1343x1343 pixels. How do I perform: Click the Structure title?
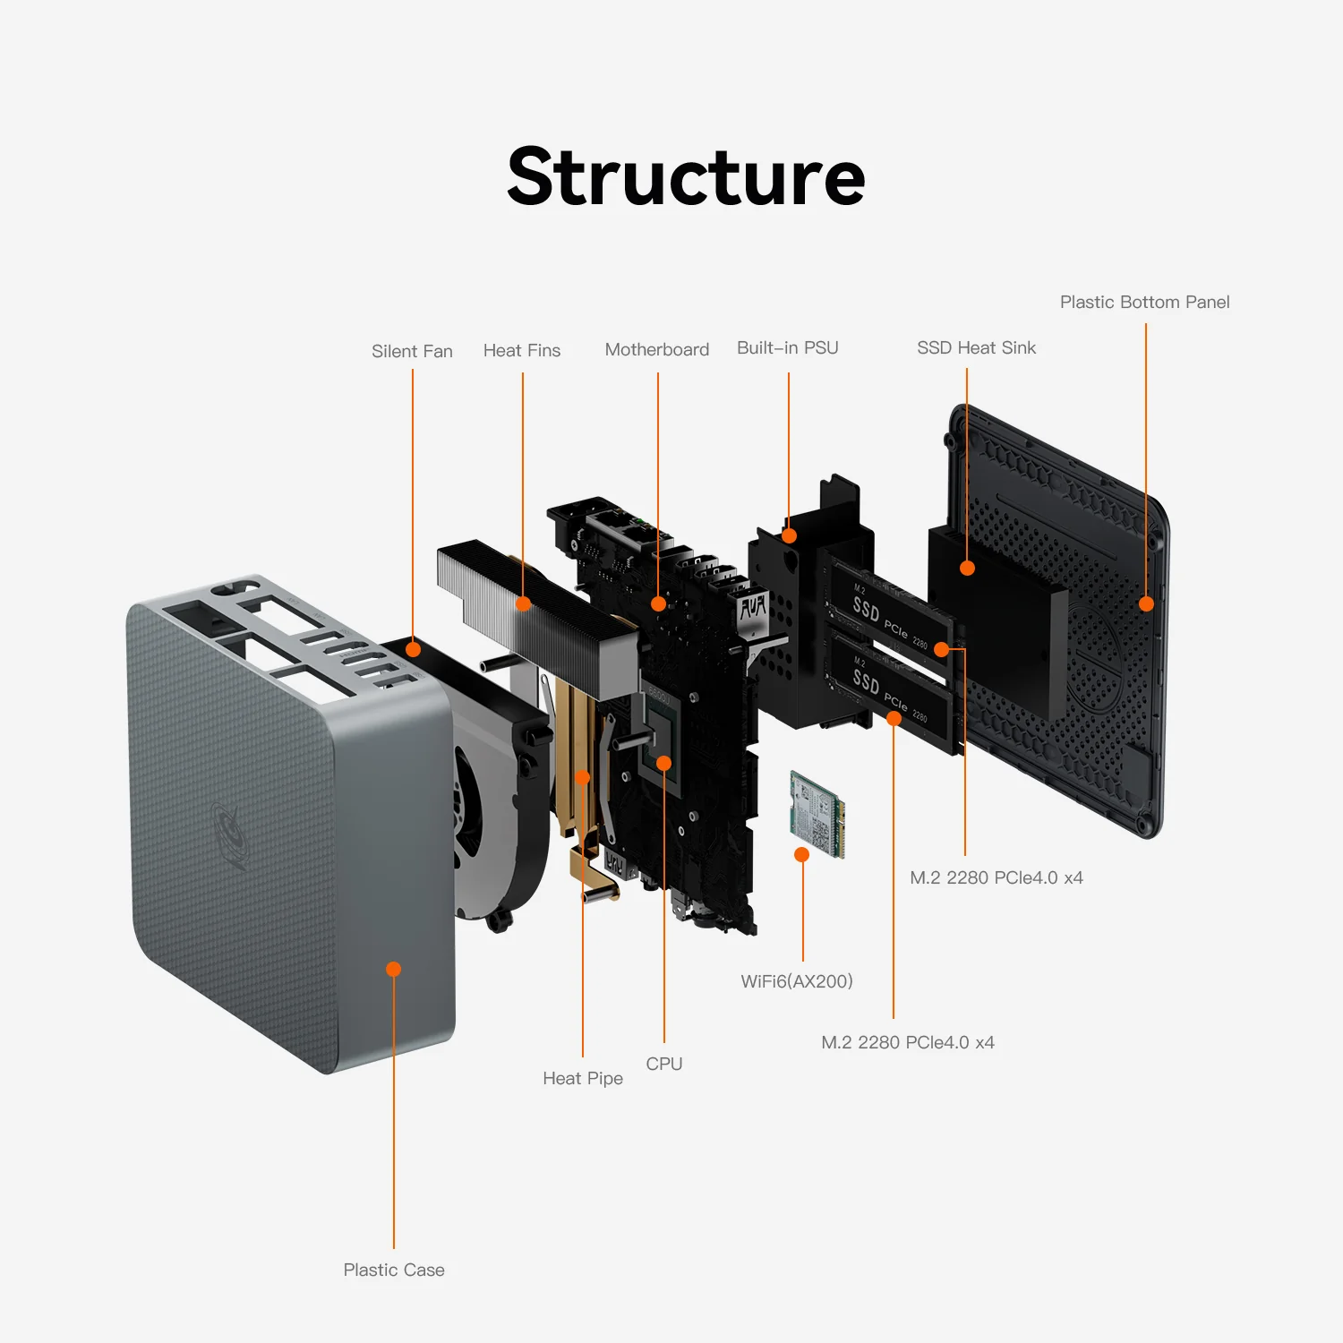coord(686,177)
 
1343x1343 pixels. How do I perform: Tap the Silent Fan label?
coord(412,351)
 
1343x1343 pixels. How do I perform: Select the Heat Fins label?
coord(522,350)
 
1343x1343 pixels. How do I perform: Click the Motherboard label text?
coord(657,349)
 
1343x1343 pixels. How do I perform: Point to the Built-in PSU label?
coord(788,347)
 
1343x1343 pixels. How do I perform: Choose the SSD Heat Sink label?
coord(976,347)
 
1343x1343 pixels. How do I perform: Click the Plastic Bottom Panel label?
coord(1144,302)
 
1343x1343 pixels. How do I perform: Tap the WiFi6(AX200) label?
coord(797,981)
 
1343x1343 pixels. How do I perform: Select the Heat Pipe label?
coord(583,1078)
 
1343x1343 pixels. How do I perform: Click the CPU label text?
coord(664,1064)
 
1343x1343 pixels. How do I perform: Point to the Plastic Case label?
coord(394,1270)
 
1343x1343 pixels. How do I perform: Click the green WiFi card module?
coord(817,813)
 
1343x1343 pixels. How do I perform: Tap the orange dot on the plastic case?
coord(393,969)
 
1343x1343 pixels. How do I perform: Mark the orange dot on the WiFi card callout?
coord(802,855)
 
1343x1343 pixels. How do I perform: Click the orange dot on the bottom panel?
coord(1146,603)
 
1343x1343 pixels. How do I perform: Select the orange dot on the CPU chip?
coord(664,763)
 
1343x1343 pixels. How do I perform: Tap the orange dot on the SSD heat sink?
coord(967,568)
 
